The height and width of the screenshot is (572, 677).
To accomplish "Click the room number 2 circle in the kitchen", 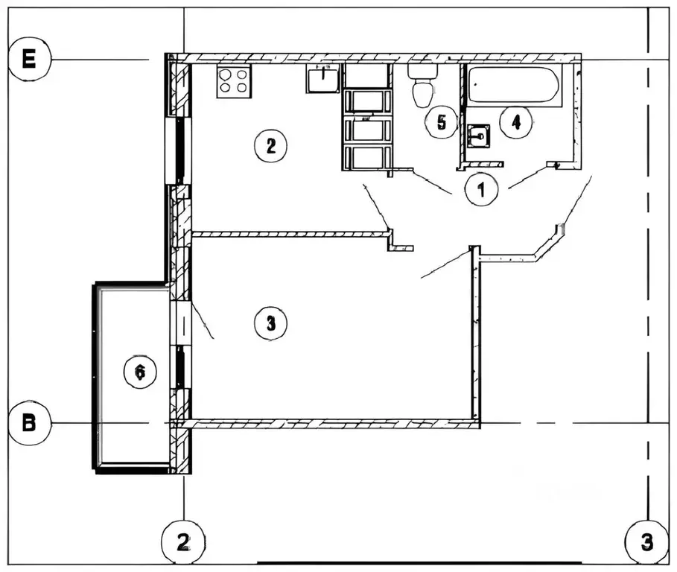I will pos(270,146).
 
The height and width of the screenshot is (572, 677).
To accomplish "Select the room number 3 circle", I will pos(270,323).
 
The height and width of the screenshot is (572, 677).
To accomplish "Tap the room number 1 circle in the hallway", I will pos(481,189).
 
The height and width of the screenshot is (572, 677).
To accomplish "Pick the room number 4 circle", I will pos(515,122).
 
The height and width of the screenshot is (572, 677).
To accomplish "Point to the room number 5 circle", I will pos(442,122).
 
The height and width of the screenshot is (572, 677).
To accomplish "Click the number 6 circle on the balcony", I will pos(139,370).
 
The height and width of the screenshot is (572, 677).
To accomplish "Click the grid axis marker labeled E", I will pos(29,60).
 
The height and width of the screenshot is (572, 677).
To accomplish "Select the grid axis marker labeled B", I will pos(29,423).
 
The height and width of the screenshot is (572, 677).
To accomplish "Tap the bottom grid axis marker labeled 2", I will pos(183,542).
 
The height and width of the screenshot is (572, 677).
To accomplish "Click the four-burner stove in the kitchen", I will pos(234,80).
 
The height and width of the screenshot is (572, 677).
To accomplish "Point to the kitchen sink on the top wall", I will pos(323,77).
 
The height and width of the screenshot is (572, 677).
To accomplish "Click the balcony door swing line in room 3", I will pos(203,320).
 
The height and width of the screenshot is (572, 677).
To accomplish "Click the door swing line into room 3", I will pos(446,264).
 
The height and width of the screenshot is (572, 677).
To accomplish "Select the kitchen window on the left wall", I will pos(180,149).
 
